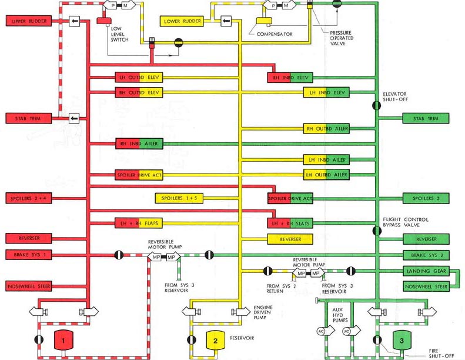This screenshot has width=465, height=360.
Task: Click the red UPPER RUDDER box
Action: click(x=29, y=21)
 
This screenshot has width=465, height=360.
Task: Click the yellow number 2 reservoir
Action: click(x=215, y=341)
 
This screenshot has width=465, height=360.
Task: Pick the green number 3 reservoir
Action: click(x=402, y=341)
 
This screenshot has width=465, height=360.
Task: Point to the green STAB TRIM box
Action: click(x=426, y=118)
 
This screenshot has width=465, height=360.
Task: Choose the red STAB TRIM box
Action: click(x=29, y=118)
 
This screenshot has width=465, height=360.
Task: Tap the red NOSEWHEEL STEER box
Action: click(x=29, y=286)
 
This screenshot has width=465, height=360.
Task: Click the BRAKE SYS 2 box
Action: click(x=426, y=255)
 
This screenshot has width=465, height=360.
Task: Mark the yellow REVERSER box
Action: click(x=289, y=239)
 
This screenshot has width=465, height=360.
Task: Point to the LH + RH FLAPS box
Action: click(x=138, y=223)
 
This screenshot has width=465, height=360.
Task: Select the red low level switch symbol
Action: click(x=104, y=22)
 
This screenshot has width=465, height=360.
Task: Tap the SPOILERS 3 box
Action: click(x=426, y=198)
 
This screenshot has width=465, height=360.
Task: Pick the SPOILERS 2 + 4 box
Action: click(x=29, y=198)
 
